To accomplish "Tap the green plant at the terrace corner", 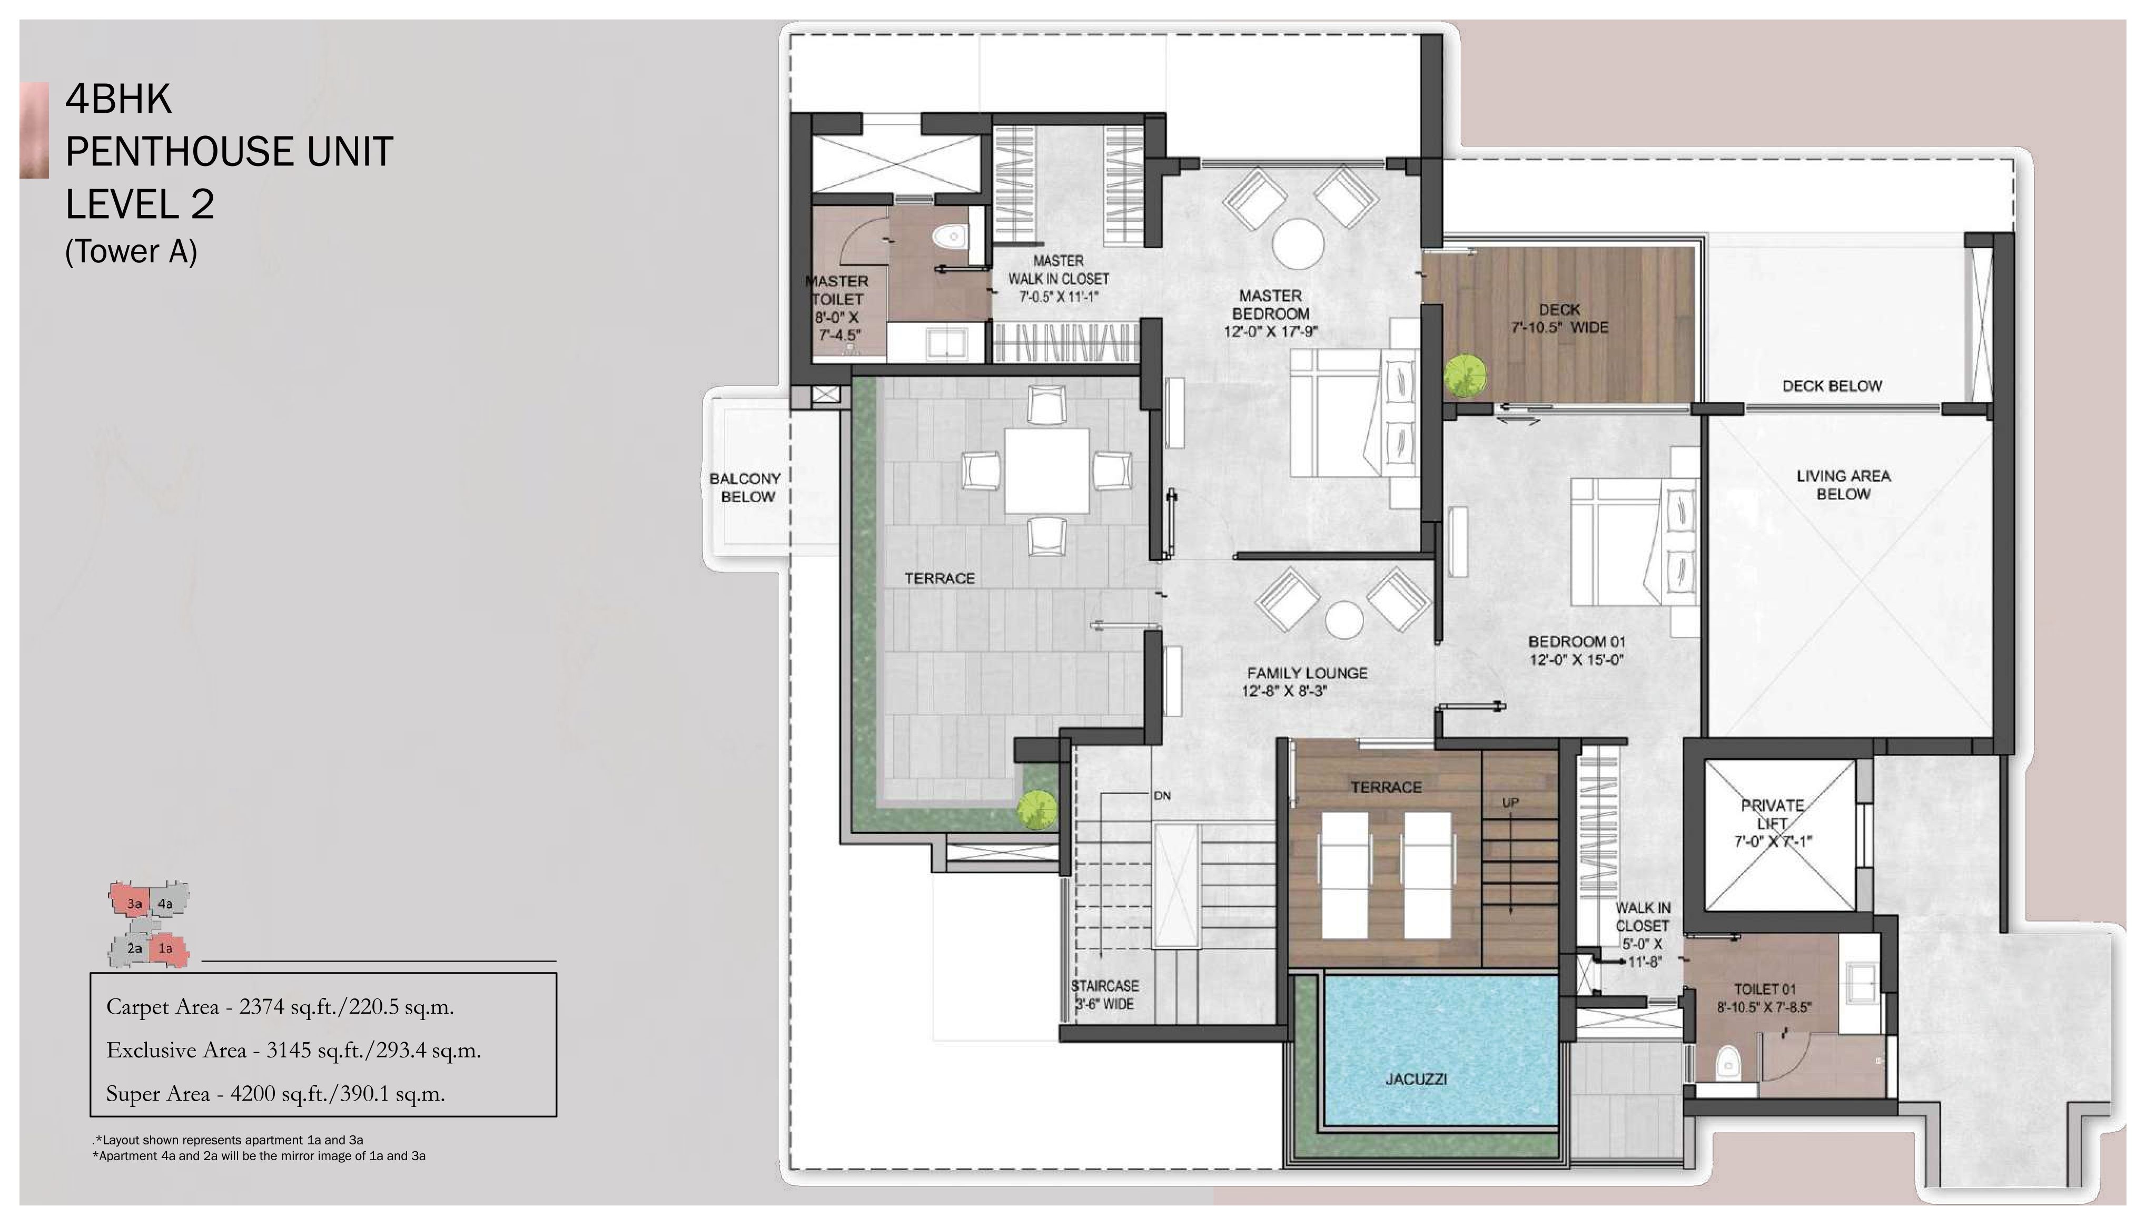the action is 1037,809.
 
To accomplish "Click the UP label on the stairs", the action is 1509,802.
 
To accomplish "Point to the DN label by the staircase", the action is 1162,796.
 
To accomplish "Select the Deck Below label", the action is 1832,386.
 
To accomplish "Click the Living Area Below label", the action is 1843,485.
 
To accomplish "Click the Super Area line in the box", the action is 276,1093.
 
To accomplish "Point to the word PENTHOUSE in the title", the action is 175,152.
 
